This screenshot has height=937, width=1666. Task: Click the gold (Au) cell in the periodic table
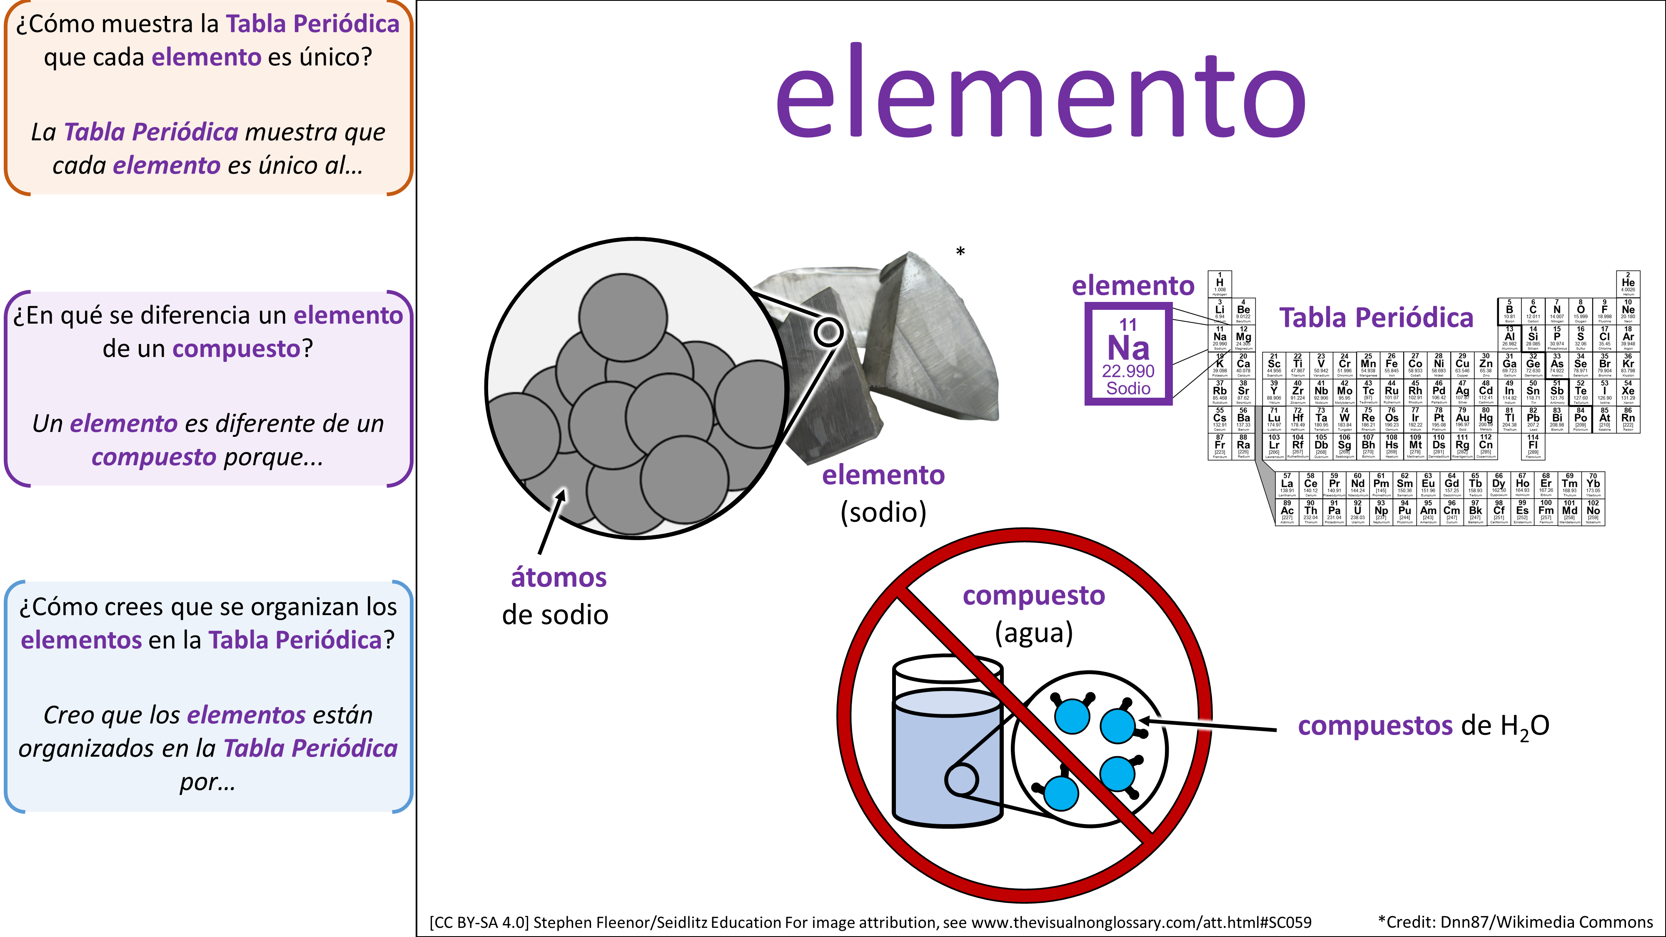coord(1462,419)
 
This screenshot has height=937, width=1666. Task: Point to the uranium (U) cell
coord(1357,511)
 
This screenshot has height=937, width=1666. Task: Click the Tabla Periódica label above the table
coord(1376,317)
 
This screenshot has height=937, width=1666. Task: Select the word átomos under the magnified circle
coord(559,578)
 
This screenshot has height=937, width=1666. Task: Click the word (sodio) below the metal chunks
coord(883,512)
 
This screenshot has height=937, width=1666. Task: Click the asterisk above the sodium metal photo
coord(960,252)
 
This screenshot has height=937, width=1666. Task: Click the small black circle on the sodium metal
coord(828,332)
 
